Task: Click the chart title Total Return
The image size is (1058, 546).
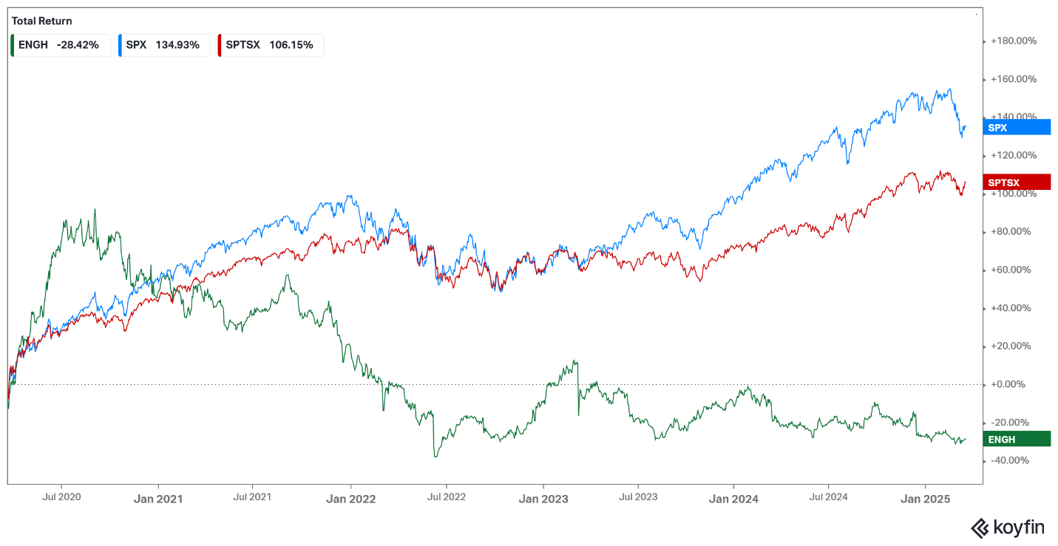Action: click(42, 21)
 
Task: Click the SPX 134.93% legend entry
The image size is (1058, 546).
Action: click(163, 45)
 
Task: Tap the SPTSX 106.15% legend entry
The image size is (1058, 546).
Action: click(271, 45)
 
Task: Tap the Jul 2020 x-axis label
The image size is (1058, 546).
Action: click(62, 496)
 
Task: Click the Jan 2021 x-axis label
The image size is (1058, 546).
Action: click(158, 499)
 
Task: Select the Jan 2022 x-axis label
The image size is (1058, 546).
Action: click(351, 499)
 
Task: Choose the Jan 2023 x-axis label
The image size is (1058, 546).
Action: click(543, 499)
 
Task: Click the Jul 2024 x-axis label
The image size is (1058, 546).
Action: click(827, 496)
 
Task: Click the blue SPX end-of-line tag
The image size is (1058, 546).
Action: click(1018, 128)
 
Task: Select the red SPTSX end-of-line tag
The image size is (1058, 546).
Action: click(1018, 182)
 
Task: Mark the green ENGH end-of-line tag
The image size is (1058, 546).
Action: click(1018, 439)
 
